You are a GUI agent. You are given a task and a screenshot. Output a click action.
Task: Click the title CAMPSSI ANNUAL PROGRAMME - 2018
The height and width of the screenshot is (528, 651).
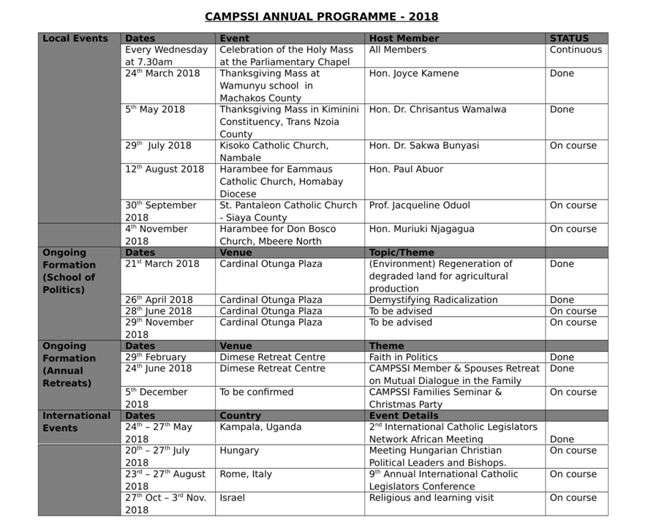click(321, 17)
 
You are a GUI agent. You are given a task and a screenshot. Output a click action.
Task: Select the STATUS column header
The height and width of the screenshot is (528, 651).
click(569, 39)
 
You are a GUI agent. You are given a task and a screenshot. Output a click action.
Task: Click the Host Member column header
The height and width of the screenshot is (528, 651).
click(404, 39)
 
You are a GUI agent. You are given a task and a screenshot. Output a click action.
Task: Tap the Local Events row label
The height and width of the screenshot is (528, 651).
click(75, 39)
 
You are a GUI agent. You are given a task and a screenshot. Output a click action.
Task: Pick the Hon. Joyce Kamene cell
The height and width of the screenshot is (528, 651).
click(414, 74)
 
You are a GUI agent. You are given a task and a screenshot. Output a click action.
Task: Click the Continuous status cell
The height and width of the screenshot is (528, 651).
click(576, 50)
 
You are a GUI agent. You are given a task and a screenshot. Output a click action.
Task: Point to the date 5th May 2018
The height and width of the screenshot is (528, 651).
click(154, 110)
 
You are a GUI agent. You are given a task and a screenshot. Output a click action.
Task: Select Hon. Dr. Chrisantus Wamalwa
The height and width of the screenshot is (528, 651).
click(437, 110)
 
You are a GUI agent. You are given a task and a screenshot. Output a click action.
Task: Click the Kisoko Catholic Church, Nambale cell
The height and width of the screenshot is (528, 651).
click(274, 151)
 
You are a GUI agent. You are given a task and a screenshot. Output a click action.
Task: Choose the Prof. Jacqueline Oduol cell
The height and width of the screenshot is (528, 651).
click(419, 205)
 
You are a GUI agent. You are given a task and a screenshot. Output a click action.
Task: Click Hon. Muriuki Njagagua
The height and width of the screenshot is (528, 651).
click(421, 229)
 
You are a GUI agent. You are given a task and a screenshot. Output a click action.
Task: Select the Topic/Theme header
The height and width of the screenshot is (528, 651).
click(402, 252)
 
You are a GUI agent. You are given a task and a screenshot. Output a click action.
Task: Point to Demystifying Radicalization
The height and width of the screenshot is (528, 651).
click(433, 300)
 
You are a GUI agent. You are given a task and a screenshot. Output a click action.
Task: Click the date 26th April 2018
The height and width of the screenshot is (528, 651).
click(159, 300)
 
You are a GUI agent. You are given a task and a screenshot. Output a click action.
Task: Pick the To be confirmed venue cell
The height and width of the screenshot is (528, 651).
click(256, 393)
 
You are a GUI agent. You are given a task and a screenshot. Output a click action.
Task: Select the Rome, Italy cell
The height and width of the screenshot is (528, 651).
click(246, 475)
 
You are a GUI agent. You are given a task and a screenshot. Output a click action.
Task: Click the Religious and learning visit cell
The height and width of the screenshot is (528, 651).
click(431, 498)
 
